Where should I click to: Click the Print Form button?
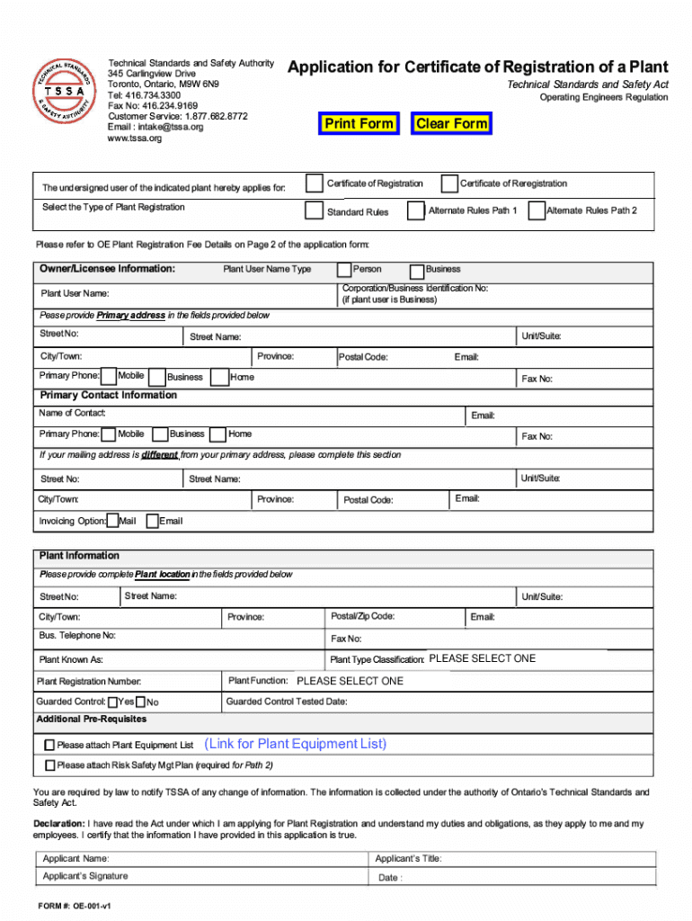click(359, 124)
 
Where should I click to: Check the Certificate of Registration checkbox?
click(314, 183)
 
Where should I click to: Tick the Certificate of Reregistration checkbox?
click(449, 183)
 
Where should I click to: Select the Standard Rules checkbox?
click(314, 211)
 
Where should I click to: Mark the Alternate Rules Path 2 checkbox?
click(536, 211)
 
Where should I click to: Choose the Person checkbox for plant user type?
click(344, 270)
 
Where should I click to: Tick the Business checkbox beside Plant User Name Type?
click(417, 271)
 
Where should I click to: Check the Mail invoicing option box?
click(113, 521)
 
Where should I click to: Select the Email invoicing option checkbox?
click(151, 521)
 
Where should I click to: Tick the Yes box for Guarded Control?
click(111, 702)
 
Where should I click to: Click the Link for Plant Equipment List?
click(296, 744)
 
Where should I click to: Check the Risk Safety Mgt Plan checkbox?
click(50, 765)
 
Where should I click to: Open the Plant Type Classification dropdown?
click(483, 659)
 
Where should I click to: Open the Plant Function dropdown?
click(350, 681)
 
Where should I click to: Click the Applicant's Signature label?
click(85, 876)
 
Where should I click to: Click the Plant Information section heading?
click(79, 556)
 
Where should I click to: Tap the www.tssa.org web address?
click(135, 139)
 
